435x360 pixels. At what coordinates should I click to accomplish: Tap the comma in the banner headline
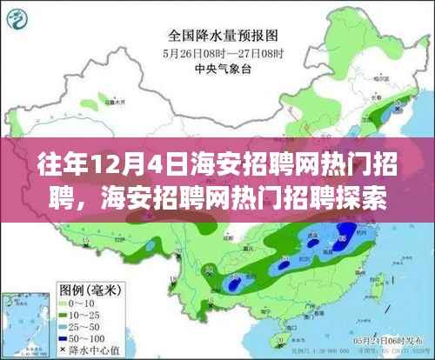pyautogui.click(x=87, y=196)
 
